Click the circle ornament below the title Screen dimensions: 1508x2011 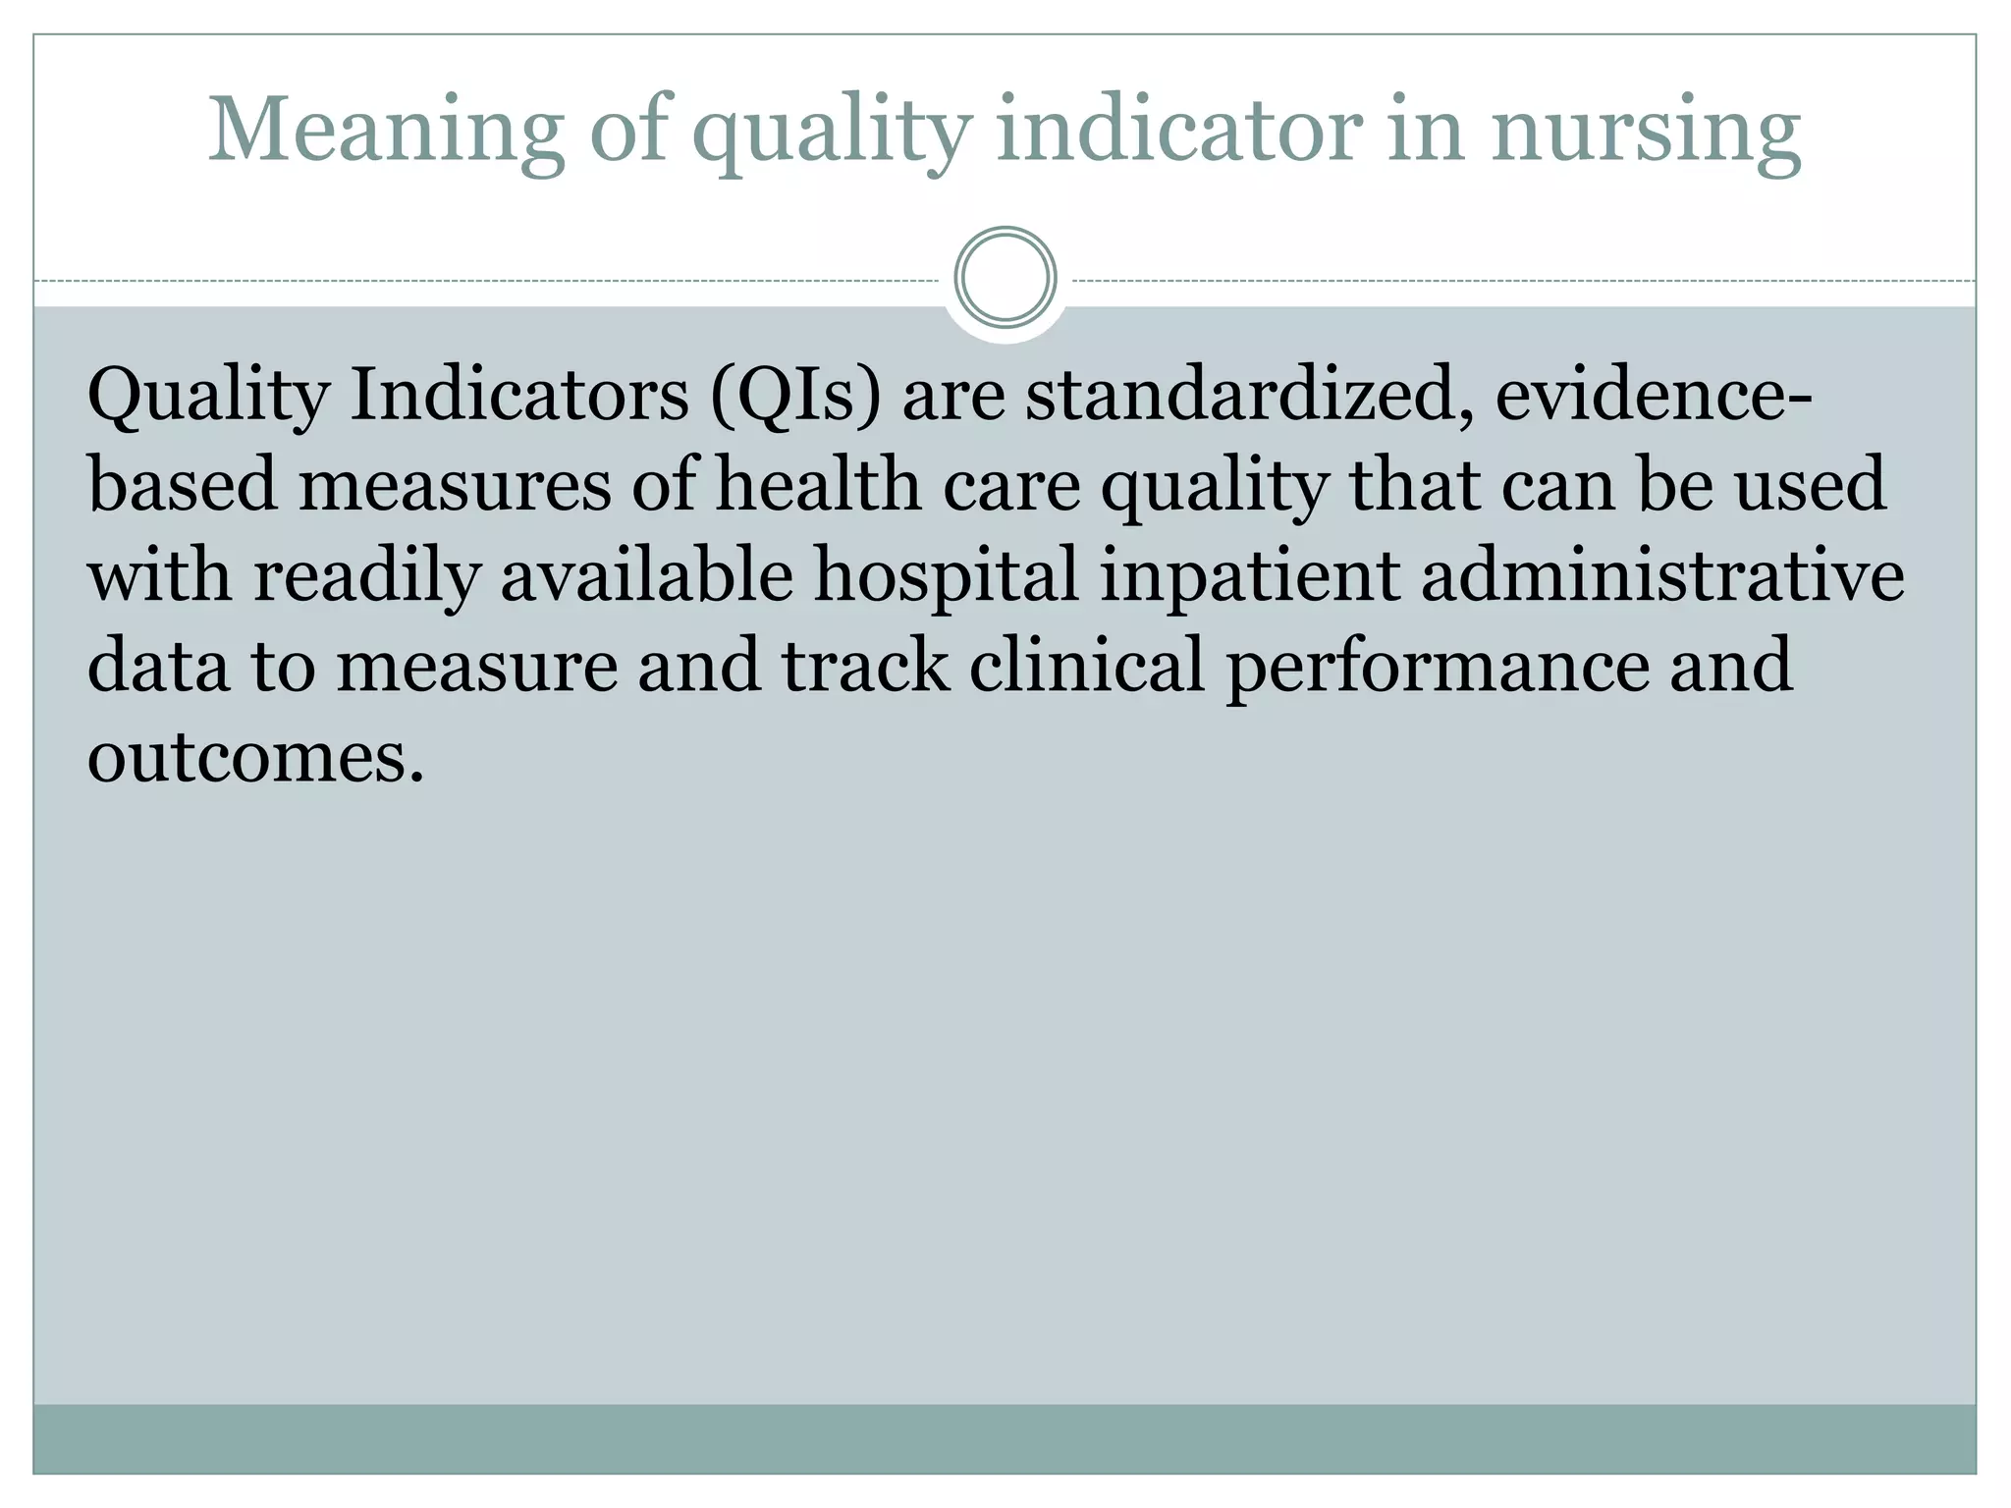tap(1005, 278)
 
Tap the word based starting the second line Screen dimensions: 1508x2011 tap(183, 485)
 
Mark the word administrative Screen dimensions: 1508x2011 tap(1662, 575)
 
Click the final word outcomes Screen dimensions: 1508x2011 tap(255, 757)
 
